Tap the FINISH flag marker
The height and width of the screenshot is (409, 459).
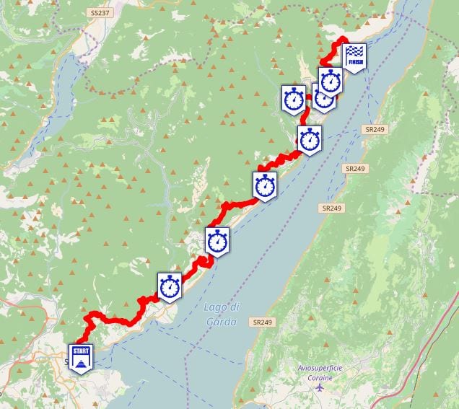click(354, 57)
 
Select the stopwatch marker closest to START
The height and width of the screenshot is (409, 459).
click(170, 286)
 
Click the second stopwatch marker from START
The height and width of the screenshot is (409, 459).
click(217, 241)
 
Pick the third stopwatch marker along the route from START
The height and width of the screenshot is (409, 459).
click(265, 185)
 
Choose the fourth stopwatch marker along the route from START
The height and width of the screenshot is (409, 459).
click(310, 138)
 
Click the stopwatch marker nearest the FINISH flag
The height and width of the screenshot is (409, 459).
click(331, 80)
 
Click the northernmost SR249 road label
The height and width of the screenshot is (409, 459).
click(371, 129)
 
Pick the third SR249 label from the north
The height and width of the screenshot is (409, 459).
click(333, 208)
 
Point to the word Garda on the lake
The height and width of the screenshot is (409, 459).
click(220, 322)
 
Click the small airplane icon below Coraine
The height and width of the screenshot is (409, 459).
click(320, 387)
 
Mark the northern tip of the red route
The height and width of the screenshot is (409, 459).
click(344, 38)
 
